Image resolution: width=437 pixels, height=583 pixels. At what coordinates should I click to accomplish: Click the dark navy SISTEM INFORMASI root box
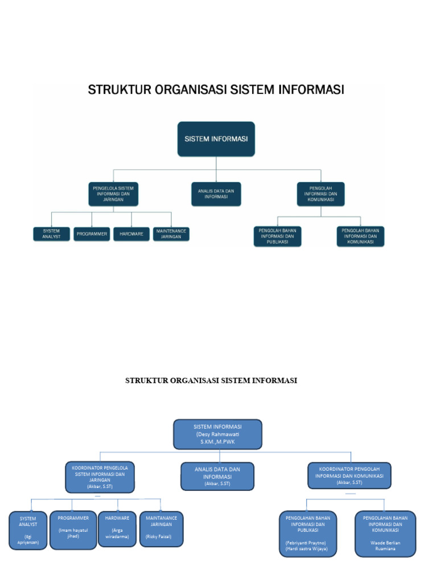(216, 138)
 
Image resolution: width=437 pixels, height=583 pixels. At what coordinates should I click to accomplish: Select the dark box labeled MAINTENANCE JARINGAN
(171, 234)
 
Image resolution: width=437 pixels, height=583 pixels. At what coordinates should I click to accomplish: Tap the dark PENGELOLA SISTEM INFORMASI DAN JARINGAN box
(114, 194)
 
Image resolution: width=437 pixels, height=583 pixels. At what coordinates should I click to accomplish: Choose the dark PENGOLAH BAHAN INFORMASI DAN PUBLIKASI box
(277, 236)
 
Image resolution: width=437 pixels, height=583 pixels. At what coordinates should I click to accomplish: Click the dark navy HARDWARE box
(131, 234)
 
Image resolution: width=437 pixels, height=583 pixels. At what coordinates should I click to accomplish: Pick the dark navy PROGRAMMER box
(92, 234)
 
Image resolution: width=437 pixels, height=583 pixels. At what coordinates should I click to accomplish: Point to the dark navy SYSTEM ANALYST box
(51, 234)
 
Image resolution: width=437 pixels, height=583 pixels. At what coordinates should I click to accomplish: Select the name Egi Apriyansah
(28, 540)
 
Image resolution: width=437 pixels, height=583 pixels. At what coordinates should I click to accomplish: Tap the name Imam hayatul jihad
(73, 533)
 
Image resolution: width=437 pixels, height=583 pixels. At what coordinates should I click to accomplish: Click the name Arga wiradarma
(117, 533)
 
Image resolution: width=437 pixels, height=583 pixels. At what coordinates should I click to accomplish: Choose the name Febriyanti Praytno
(306, 543)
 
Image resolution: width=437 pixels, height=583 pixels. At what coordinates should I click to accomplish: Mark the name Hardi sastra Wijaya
(306, 549)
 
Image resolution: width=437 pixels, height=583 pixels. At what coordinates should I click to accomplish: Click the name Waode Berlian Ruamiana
(385, 546)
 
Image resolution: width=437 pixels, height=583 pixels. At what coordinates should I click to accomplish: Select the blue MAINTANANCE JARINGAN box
(161, 521)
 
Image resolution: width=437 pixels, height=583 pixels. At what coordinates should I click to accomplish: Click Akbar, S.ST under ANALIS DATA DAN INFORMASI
(217, 483)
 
